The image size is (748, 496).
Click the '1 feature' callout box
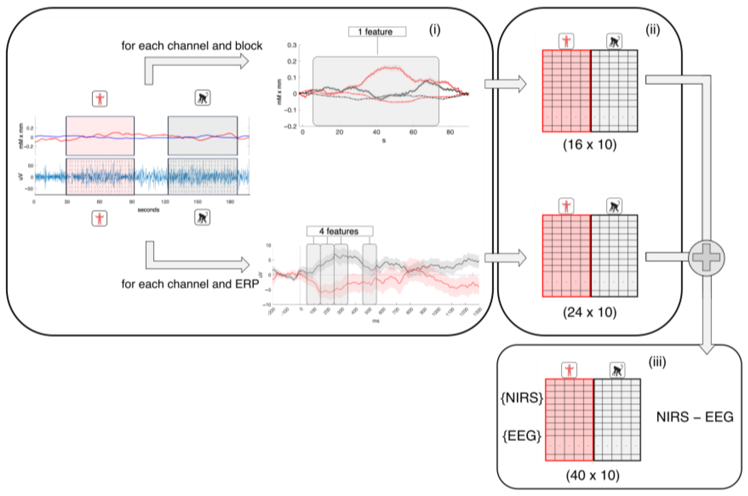[377, 32]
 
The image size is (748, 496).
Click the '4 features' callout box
[340, 231]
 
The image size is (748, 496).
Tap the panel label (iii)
[657, 362]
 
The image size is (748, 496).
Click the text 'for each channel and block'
[192, 46]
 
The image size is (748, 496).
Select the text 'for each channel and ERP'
[190, 284]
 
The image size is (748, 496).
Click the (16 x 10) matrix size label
[590, 145]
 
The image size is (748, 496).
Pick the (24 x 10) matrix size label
[590, 312]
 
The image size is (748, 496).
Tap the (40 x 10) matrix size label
[593, 475]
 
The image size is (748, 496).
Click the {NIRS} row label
[522, 398]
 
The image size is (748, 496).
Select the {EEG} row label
[522, 436]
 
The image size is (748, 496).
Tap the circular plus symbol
[706, 258]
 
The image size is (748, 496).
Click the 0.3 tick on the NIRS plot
[292, 45]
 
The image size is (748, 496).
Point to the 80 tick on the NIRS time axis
[450, 132]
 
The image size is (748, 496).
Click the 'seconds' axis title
[148, 210]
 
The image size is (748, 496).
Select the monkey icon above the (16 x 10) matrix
[614, 41]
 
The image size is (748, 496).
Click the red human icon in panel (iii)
[569, 370]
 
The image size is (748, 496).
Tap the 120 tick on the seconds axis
[165, 202]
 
